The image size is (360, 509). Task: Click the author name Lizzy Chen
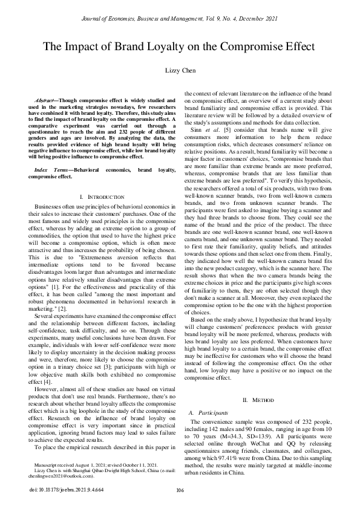[180, 71]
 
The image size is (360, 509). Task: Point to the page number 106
[180, 490]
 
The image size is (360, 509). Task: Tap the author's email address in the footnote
[61, 476]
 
